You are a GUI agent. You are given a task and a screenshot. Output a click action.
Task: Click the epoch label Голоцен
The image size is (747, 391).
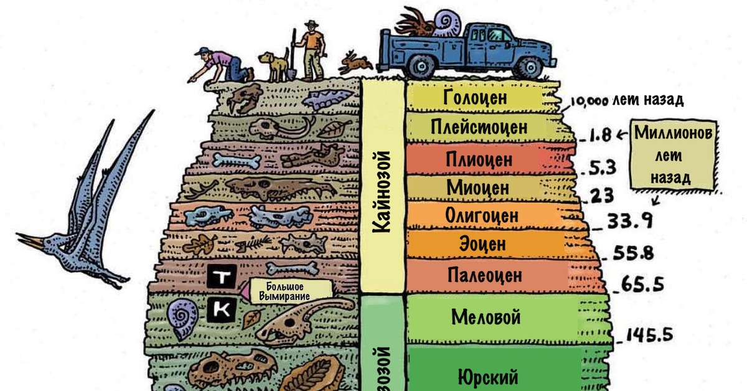pos(476,98)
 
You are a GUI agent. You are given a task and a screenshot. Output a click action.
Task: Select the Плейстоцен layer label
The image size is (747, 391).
pos(478,128)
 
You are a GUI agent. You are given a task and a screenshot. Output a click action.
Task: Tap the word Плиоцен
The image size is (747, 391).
pos(479,159)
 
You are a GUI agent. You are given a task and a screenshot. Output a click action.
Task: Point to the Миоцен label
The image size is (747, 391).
pos(477,187)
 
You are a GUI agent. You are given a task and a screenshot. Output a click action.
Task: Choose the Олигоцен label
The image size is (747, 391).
pos(482,215)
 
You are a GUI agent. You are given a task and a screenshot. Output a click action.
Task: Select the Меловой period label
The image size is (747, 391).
pos(486,318)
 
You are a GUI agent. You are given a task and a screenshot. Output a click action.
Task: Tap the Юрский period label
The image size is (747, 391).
pos(487,377)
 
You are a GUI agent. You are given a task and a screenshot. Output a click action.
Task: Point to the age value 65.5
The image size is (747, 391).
pos(641,285)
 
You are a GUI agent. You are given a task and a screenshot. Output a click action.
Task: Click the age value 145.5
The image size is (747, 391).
pos(650,335)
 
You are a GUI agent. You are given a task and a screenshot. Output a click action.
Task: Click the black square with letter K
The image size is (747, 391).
pos(221,309)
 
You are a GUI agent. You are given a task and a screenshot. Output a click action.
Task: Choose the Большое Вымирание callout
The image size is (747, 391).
pos(288,291)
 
